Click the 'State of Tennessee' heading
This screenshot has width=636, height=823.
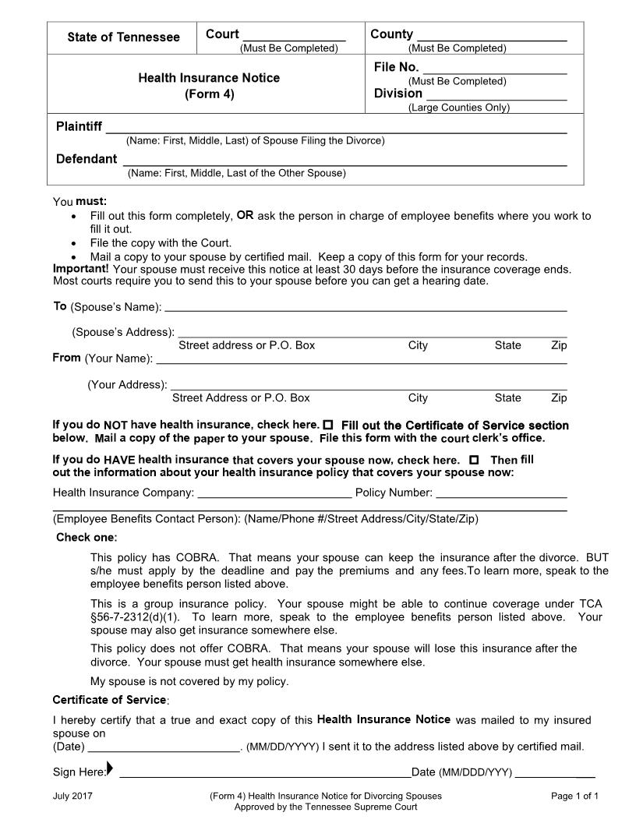123,37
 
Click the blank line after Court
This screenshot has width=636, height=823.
294,36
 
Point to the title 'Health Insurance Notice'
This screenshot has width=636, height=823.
209,78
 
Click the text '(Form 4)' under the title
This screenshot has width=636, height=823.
209,94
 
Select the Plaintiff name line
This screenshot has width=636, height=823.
335,129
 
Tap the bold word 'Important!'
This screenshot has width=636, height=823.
80,269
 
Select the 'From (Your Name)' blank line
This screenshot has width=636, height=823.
361,360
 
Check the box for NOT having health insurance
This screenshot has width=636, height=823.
328,425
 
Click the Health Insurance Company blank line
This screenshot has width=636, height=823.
274,493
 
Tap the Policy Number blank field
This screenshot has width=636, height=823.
501,493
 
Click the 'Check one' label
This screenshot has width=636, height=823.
87,538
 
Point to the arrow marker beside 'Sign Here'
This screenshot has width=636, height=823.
110,770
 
